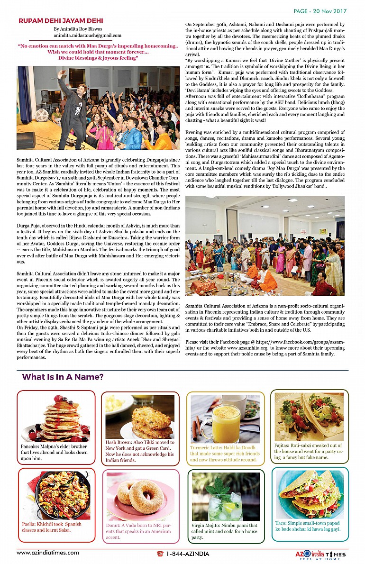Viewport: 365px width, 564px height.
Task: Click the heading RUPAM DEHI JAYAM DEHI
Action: [x=61, y=21]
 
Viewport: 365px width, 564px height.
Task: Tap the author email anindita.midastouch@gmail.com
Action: [x=87, y=36]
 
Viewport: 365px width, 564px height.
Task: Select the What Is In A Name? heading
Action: [x=63, y=377]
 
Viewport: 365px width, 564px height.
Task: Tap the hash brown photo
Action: [x=140, y=417]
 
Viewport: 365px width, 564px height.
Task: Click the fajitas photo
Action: [x=309, y=417]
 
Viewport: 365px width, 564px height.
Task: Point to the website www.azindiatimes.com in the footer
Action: [x=48, y=553]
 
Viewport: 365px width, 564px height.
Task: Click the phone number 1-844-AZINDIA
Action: [x=183, y=554]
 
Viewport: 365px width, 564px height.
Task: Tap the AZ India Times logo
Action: [x=318, y=555]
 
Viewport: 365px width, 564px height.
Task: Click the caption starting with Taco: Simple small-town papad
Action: [x=308, y=526]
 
